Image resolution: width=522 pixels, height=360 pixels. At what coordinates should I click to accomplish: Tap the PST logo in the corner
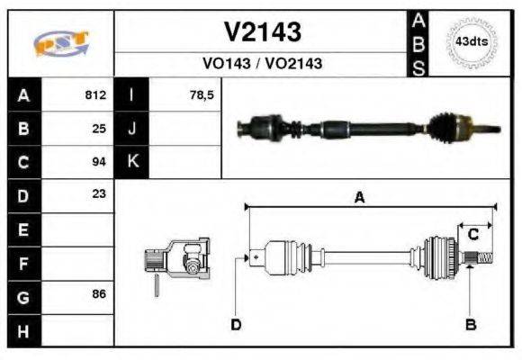60,42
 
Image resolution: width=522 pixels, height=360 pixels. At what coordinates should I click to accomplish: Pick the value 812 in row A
95,94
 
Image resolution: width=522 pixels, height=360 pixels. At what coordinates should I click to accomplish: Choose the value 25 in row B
99,128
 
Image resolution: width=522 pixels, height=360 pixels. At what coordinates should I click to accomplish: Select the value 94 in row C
99,162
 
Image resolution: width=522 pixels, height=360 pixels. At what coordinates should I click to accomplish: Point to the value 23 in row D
99,193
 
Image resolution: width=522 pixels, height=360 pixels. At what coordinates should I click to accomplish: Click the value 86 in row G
99,295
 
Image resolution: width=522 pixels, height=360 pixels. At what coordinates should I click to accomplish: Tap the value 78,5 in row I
202,94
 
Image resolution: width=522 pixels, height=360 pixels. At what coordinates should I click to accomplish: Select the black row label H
23,330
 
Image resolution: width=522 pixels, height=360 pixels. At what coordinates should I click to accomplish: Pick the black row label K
132,162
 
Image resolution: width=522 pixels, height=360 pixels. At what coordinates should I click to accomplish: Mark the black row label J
132,128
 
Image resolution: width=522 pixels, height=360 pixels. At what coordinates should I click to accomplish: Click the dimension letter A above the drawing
359,199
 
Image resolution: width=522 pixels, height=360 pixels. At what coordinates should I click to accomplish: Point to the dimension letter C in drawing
472,234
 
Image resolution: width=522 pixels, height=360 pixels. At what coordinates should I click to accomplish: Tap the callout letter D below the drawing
236,324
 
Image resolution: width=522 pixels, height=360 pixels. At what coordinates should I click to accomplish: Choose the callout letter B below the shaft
471,324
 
